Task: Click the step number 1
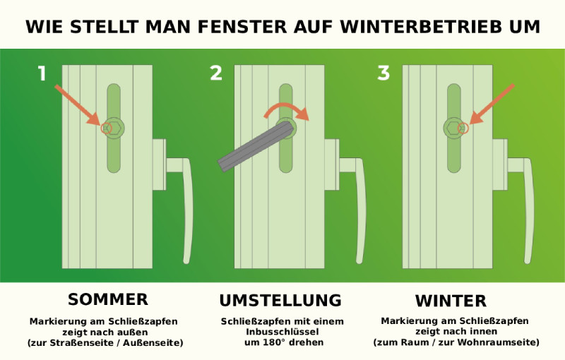[x=42, y=73]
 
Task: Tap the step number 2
[x=216, y=73]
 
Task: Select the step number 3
[x=383, y=73]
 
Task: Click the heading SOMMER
[x=107, y=299]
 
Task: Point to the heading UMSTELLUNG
[x=280, y=300]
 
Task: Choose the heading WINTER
[x=451, y=300]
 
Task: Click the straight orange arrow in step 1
[x=76, y=104]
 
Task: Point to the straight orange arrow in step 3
[x=492, y=104]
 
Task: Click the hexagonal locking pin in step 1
[x=113, y=128]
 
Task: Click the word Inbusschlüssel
[x=281, y=332]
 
